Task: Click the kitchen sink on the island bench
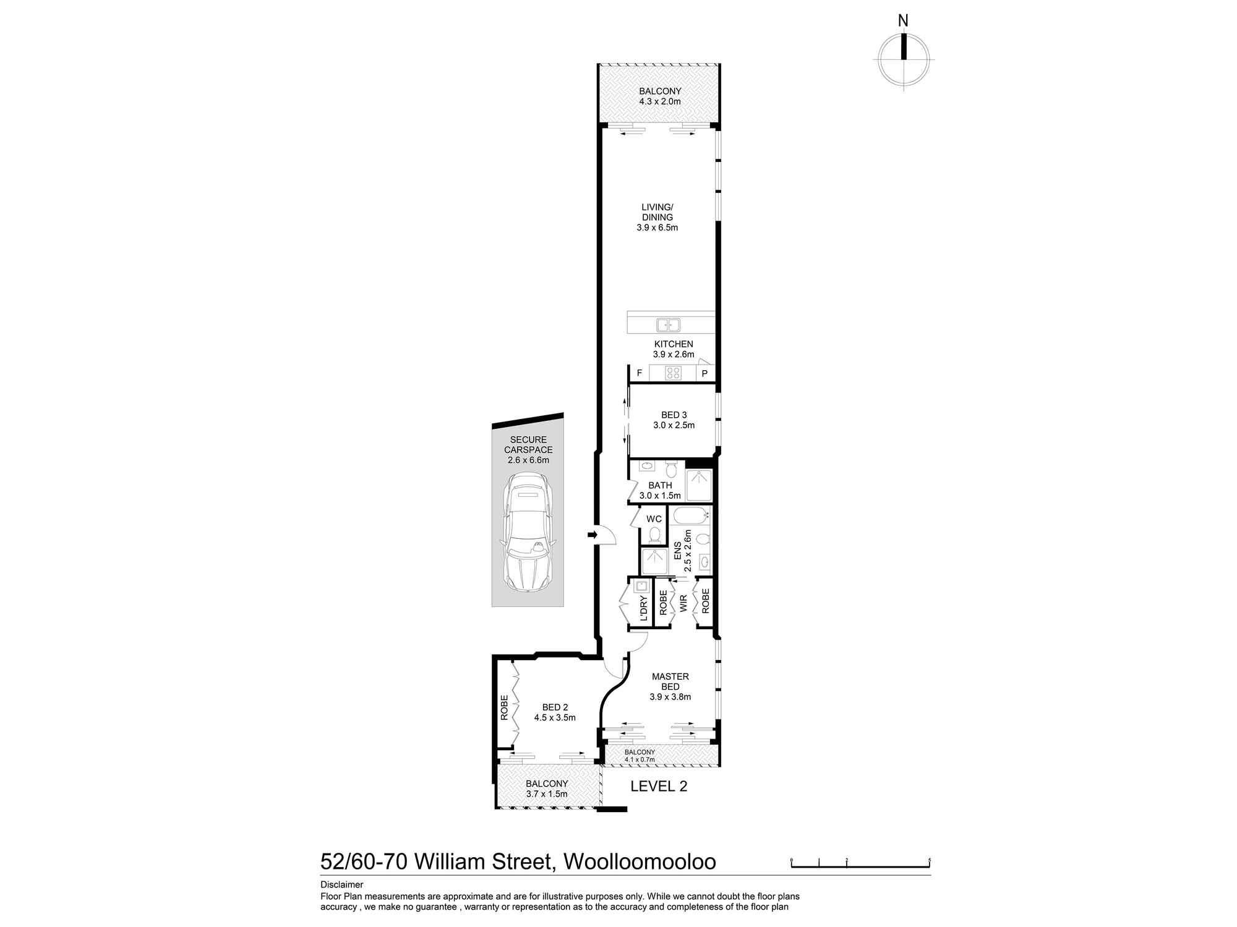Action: (668, 324)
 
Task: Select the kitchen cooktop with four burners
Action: (673, 373)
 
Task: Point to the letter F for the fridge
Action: (639, 373)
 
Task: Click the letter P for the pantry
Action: (704, 373)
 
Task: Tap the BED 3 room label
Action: (674, 415)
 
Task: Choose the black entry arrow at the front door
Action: (593, 535)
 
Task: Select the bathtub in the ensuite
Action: (689, 515)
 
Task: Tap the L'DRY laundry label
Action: (643, 608)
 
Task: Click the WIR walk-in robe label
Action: (683, 603)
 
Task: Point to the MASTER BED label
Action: (670, 682)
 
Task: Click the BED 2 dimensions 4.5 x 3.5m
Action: (555, 717)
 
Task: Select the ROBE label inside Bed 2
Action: (504, 708)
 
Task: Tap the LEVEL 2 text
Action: (659, 786)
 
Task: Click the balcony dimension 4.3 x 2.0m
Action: (660, 101)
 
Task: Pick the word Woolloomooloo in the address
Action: (638, 861)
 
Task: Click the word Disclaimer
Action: (341, 884)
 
